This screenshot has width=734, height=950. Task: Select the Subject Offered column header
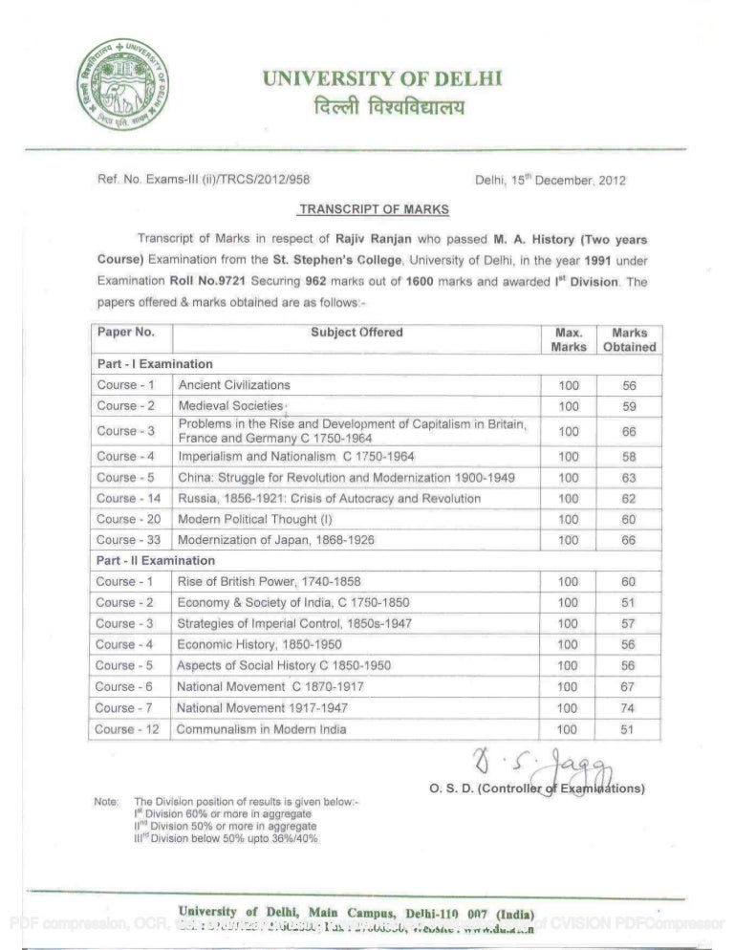(356, 333)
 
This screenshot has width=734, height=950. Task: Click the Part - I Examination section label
(153, 364)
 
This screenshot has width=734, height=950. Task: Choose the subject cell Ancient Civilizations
(233, 385)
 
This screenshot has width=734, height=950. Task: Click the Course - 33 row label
(129, 540)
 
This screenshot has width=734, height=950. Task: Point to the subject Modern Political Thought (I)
(251, 519)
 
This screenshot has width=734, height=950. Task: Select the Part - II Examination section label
(155, 561)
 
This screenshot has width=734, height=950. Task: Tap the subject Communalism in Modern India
(261, 730)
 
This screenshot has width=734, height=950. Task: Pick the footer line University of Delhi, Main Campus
(354, 911)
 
